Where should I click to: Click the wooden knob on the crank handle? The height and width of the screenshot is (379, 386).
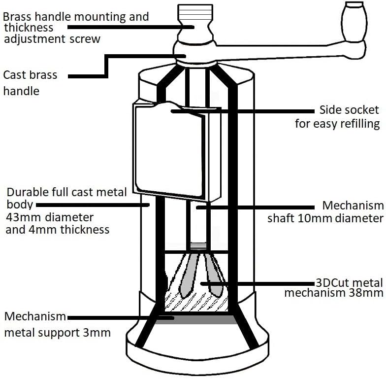[x=355, y=22]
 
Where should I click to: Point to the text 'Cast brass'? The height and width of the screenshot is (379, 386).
[x=31, y=75]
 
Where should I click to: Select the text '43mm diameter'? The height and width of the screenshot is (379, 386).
[x=49, y=217]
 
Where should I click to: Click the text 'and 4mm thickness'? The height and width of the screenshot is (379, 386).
[x=57, y=229]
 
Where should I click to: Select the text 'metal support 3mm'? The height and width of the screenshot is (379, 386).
[x=57, y=332]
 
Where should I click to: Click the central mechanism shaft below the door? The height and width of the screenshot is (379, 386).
[x=196, y=222]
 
